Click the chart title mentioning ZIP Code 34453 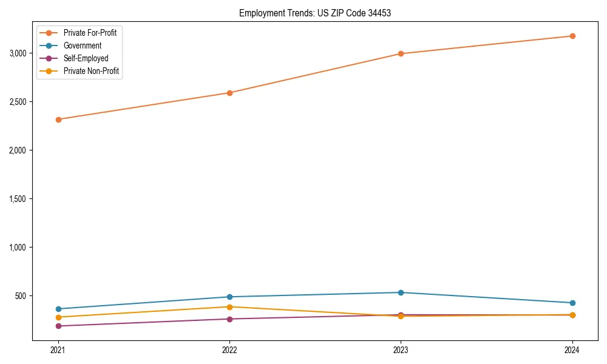[314, 13]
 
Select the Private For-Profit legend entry [90, 33]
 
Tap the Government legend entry [83, 45]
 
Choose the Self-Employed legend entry [86, 58]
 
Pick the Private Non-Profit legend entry [91, 71]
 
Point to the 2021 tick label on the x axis [58, 350]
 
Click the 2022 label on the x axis [229, 350]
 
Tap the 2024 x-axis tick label [572, 350]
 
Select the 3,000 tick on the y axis [18, 53]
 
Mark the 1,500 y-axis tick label [18, 199]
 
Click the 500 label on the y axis [22, 296]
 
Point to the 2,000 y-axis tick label [18, 150]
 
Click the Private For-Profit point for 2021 [58, 120]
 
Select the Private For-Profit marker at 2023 [401, 53]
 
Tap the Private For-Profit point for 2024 [572, 36]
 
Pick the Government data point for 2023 [401, 292]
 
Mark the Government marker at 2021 [58, 309]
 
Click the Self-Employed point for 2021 [58, 326]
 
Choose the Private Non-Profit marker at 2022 [229, 307]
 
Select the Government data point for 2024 [572, 303]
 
